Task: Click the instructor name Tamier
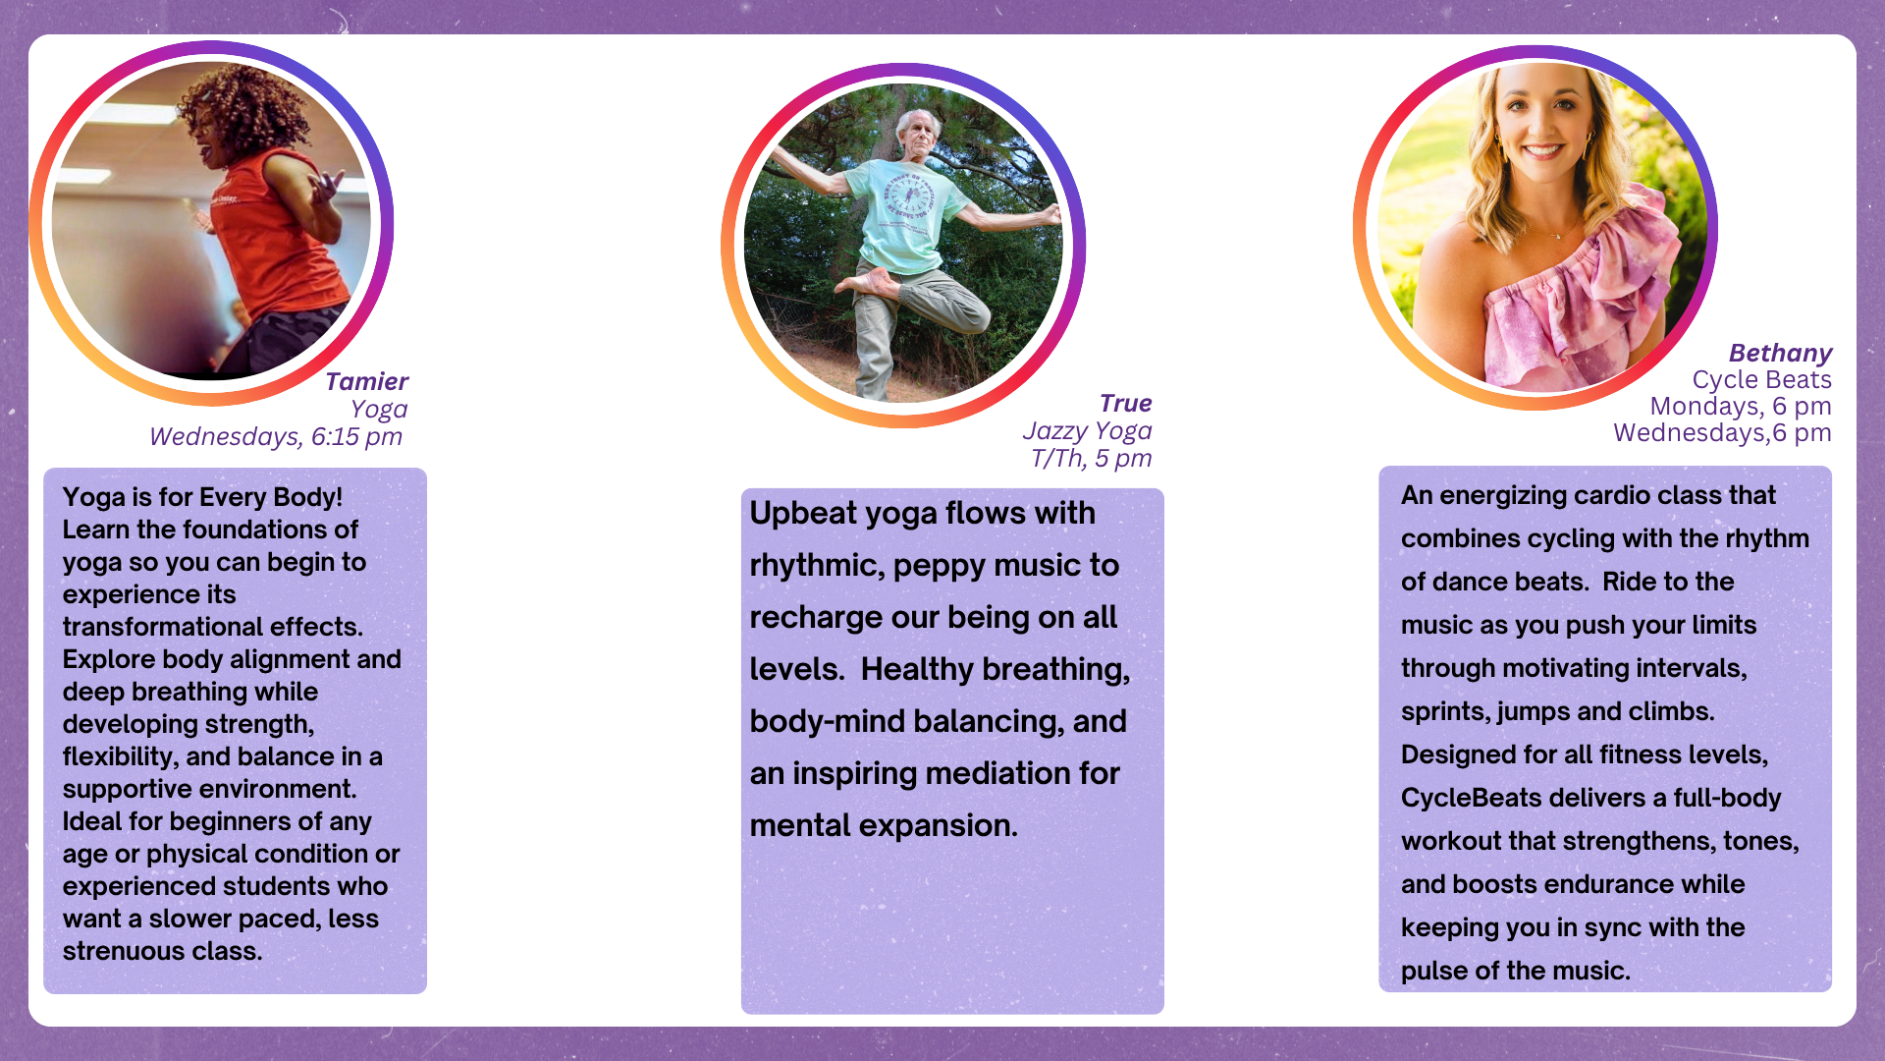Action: (x=366, y=381)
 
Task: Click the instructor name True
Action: (x=1125, y=403)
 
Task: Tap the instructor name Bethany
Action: (x=1780, y=353)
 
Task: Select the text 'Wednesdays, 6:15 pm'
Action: (x=276, y=436)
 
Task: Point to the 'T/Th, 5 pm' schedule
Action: (x=1091, y=458)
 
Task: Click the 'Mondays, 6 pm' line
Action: (x=1741, y=406)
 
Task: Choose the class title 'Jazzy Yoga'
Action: (x=1087, y=430)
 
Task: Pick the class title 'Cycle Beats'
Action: (x=1761, y=379)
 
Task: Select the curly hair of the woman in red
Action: (x=230, y=103)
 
